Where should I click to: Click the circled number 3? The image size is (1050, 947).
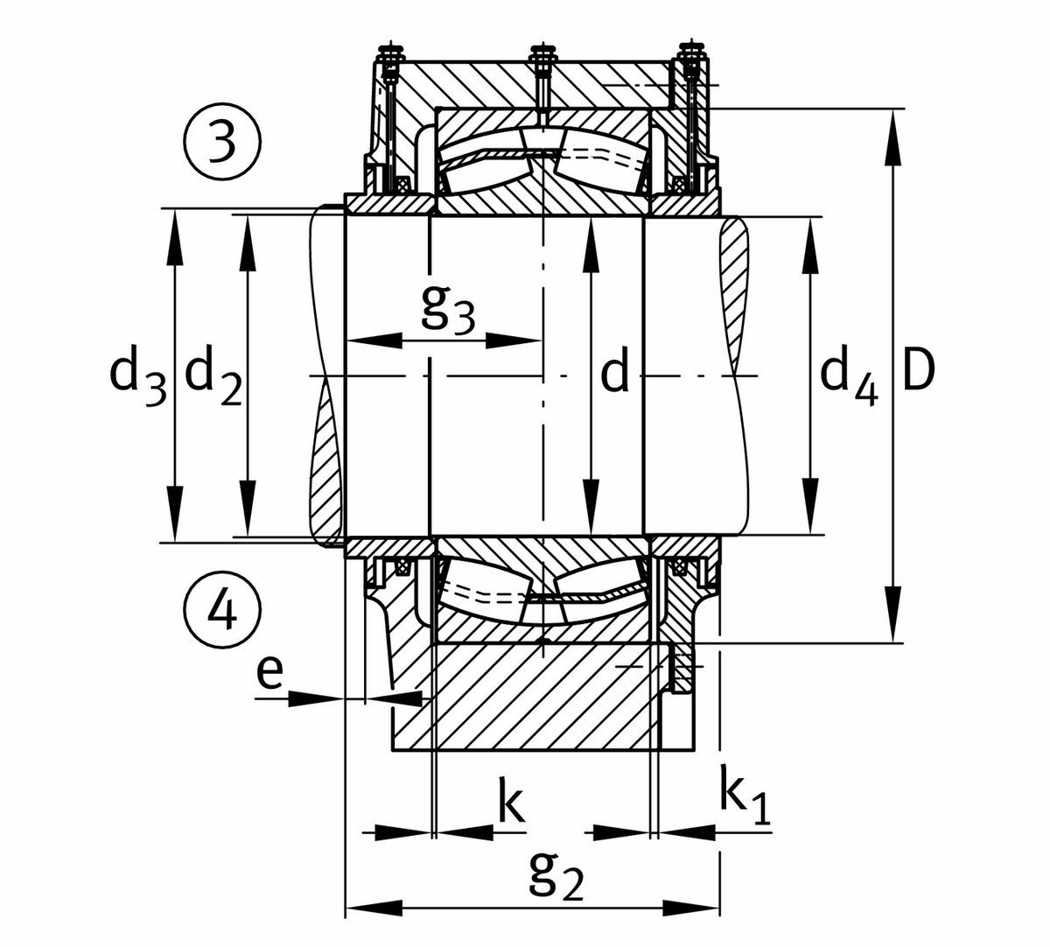coord(222,142)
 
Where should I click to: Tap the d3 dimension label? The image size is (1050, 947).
coord(138,375)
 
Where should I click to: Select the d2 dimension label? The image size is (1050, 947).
coord(214,374)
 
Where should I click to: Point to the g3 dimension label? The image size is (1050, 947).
coord(448,310)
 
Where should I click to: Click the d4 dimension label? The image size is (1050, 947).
coord(849,374)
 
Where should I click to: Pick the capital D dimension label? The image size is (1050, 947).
coord(919,372)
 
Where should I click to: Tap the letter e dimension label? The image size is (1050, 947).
coord(270,672)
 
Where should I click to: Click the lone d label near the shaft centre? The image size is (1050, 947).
coord(614,375)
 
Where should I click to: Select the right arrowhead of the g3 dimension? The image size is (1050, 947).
coord(513,340)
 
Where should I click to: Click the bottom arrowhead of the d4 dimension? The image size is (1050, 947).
coord(810,506)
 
